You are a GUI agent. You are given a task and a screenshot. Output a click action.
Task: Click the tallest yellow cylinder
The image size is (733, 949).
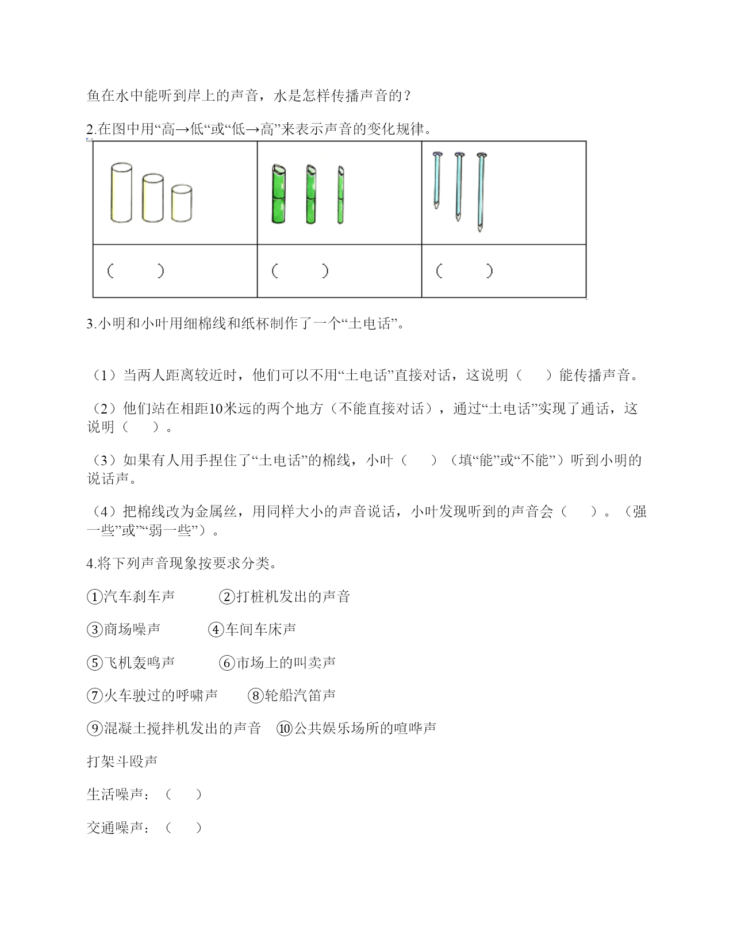121,193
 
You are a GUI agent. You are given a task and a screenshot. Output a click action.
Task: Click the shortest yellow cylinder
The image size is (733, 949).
182,202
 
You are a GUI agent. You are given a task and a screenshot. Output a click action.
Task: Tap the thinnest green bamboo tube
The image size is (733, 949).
340,195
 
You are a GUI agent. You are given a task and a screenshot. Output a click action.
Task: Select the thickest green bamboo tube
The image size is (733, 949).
278,194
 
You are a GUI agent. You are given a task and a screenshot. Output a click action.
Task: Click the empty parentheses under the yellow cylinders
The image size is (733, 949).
136,271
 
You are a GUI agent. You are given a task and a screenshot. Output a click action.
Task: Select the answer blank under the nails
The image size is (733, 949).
465,271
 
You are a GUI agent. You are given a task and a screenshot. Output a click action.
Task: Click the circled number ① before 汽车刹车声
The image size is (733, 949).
94,597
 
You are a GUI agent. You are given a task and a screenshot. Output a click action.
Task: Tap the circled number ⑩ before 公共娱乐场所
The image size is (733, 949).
285,729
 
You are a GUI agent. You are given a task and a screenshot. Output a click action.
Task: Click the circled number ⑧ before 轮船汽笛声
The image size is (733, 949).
255,696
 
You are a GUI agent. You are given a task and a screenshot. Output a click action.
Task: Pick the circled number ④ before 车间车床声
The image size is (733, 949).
216,630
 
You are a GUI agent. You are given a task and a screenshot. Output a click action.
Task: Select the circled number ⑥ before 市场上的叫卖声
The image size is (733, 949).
227,663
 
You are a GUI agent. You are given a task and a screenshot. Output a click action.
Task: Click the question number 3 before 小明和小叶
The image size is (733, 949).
90,324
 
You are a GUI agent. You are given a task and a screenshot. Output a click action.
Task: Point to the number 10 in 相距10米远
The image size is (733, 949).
216,409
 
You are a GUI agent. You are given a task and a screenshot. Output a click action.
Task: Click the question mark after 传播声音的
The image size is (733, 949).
408,96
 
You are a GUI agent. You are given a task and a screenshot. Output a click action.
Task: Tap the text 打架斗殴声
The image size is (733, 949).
122,762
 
